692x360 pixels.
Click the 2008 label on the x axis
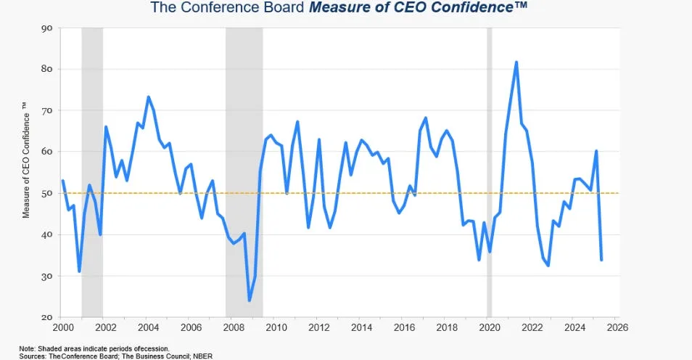pyautogui.click(x=233, y=327)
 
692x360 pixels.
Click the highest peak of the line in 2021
pyautogui.click(x=516, y=62)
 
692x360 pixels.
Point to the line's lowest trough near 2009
pyautogui.click(x=250, y=300)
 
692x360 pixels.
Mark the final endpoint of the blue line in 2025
pyautogui.click(x=601, y=259)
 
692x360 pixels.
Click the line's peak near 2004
pyautogui.click(x=148, y=97)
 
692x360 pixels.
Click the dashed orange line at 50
pyautogui.click(x=341, y=193)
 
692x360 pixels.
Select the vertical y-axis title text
pyautogui.click(x=25, y=160)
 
